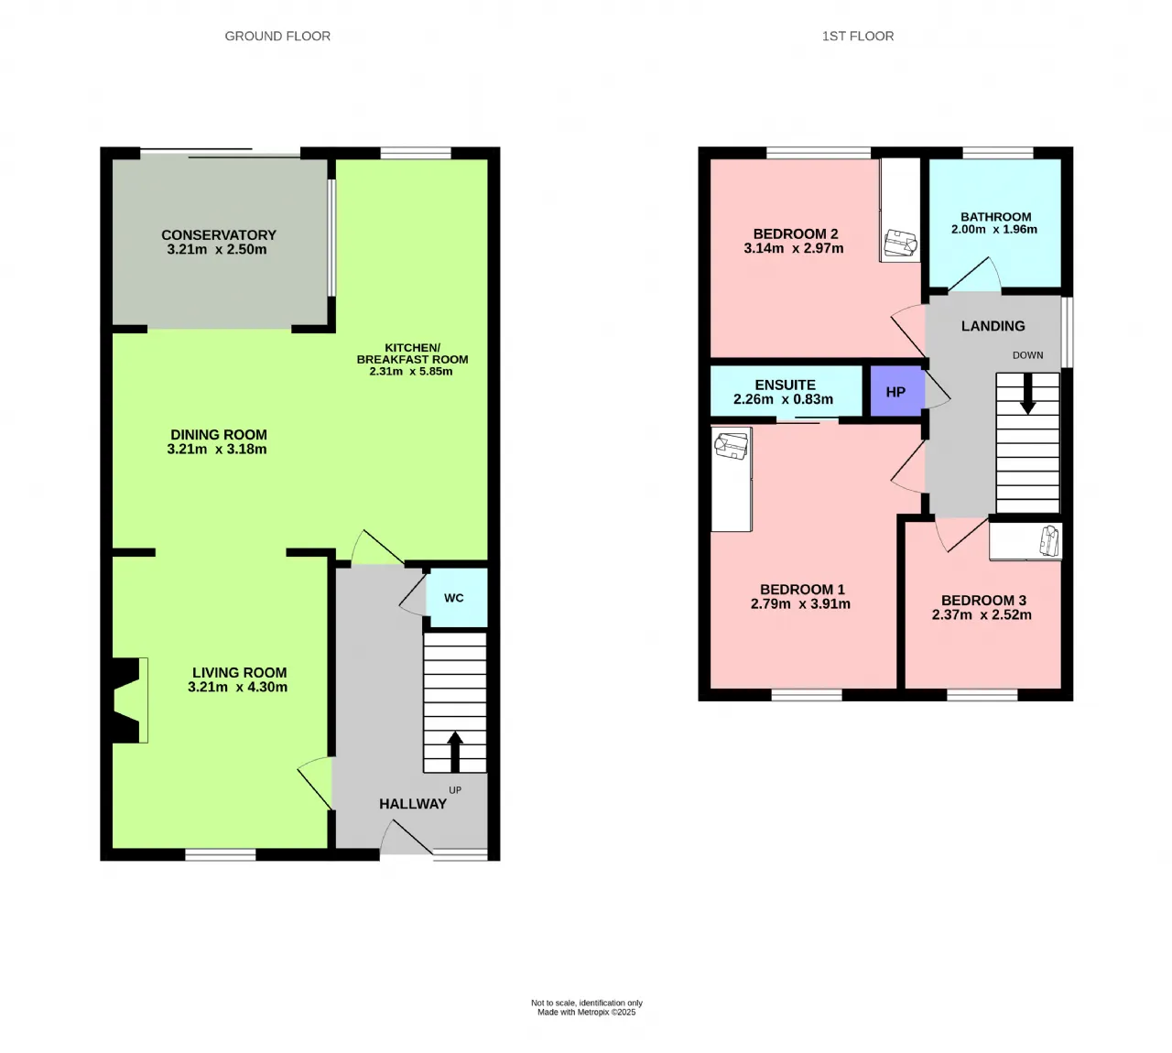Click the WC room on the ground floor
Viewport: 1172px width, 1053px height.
pos(456,597)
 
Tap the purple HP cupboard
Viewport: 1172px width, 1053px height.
pos(896,391)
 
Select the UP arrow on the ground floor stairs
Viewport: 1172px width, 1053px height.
pos(455,752)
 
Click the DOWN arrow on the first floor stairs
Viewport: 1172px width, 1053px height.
pos(1027,394)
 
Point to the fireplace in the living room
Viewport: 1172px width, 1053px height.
pos(126,700)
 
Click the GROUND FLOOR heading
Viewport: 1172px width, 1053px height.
pos(277,36)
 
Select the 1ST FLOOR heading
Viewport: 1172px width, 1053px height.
pos(858,36)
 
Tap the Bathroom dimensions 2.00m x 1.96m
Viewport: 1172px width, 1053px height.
pos(993,229)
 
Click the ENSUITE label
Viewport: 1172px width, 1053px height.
pos(785,385)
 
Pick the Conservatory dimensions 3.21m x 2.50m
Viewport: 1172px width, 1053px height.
pos(217,249)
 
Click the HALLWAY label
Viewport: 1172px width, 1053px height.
pos(412,804)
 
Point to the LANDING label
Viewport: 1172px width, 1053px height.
pos(993,326)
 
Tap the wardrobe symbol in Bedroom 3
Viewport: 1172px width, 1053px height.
pos(1050,540)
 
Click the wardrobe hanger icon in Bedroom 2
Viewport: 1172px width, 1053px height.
pos(901,243)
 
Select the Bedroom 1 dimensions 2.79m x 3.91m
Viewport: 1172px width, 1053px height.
pos(800,604)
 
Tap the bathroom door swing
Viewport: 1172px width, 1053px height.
pos(975,275)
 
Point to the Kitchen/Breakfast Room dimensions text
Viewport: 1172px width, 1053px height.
pos(411,372)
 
